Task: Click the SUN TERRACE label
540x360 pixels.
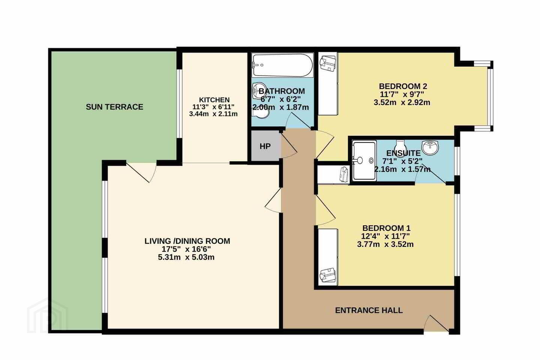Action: (x=114, y=107)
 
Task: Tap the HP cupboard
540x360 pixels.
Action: (x=265, y=146)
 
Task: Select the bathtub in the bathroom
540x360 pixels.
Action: (x=282, y=65)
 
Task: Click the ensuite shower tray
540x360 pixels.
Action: (x=364, y=161)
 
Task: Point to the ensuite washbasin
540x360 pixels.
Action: (x=430, y=148)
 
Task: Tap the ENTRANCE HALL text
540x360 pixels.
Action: (x=369, y=310)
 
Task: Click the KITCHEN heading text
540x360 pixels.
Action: (x=214, y=100)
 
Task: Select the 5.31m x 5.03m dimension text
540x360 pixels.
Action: (x=186, y=257)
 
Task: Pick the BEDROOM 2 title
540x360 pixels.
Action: (x=403, y=86)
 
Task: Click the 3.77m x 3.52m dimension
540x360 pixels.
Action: (x=385, y=244)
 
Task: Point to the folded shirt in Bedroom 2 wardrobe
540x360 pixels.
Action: (x=327, y=63)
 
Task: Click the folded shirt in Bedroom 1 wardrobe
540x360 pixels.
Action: (x=327, y=274)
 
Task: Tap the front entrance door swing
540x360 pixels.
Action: (x=437, y=323)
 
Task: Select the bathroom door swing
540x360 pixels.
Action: (x=298, y=121)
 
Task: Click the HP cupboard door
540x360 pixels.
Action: (x=289, y=145)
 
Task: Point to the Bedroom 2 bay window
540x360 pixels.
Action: (x=490, y=96)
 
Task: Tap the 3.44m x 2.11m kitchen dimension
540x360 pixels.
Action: (x=213, y=114)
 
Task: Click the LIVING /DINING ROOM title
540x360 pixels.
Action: (x=187, y=241)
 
